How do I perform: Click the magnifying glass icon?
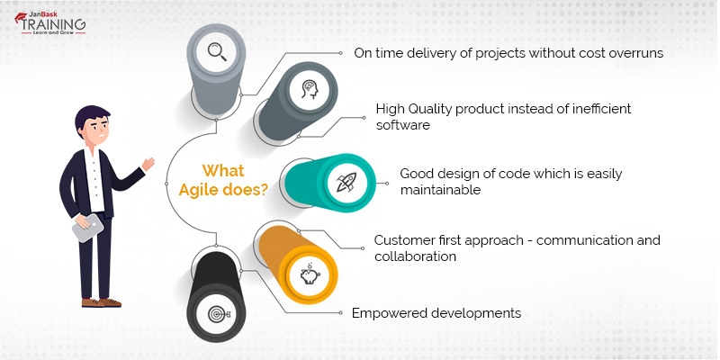pyautogui.click(x=217, y=49)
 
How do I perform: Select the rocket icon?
pyautogui.click(x=346, y=184)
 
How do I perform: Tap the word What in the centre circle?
pyautogui.click(x=222, y=171)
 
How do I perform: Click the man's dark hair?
pyautogui.click(x=90, y=118)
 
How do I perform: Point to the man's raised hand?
pyautogui.click(x=148, y=166)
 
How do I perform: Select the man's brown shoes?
pyautogui.click(x=101, y=301)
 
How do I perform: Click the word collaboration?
pyautogui.click(x=415, y=256)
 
